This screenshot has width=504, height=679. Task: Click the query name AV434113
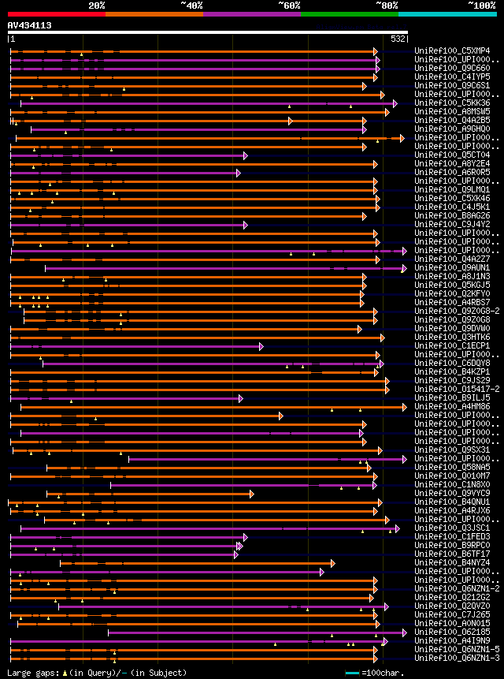pos(29,25)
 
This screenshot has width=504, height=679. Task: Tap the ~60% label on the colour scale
pos(289,5)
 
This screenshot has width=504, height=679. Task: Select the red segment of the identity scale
pos(56,14)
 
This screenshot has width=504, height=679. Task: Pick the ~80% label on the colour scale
pos(387,5)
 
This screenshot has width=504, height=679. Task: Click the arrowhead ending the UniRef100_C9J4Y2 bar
pos(246,225)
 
